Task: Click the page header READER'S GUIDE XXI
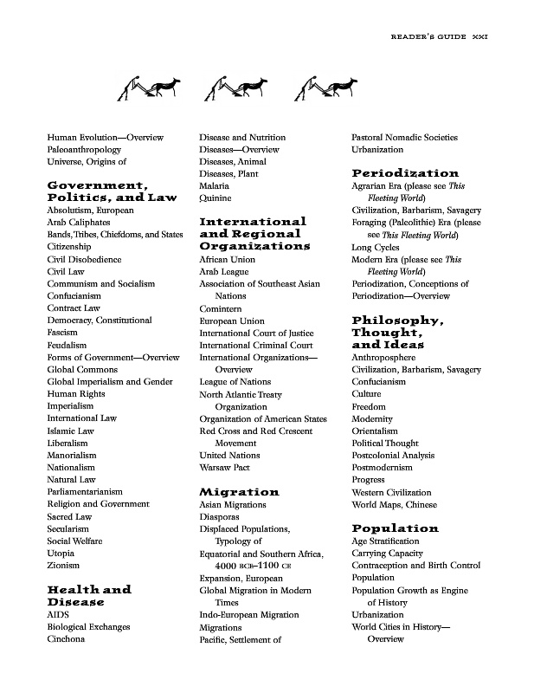440,38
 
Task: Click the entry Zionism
63,565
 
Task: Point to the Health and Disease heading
88,595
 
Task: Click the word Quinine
216,198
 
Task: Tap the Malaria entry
215,186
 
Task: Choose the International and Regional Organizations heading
254,234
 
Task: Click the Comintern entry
222,308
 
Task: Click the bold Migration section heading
239,492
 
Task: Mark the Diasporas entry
221,516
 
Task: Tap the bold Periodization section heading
405,173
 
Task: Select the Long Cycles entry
375,247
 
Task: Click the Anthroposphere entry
383,357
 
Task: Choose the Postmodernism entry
383,467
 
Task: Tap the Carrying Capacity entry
386,553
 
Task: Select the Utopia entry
61,553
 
